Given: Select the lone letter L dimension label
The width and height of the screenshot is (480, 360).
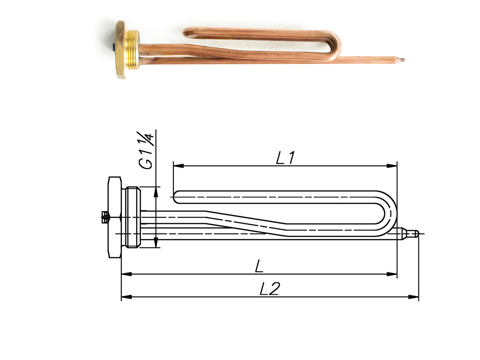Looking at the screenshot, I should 258,267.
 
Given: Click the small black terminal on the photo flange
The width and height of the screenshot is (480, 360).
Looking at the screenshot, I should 114,47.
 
